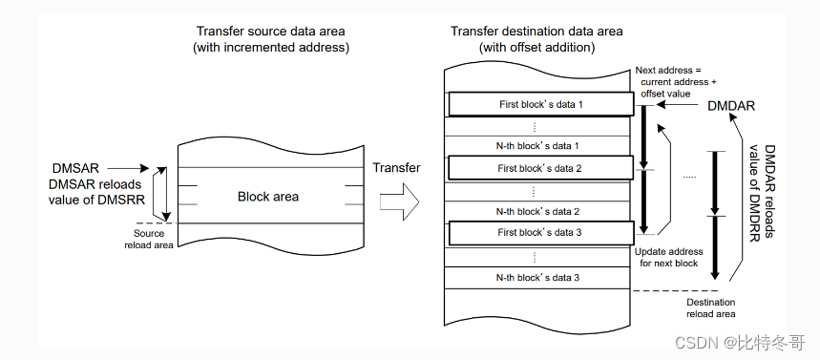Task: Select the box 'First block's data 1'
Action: [x=539, y=103]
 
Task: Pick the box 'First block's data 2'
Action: [x=539, y=168]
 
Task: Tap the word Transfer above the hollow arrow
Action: [x=396, y=167]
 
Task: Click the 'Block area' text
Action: [x=268, y=197]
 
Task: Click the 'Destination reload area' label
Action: [x=711, y=308]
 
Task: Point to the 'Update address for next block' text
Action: [x=668, y=257]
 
